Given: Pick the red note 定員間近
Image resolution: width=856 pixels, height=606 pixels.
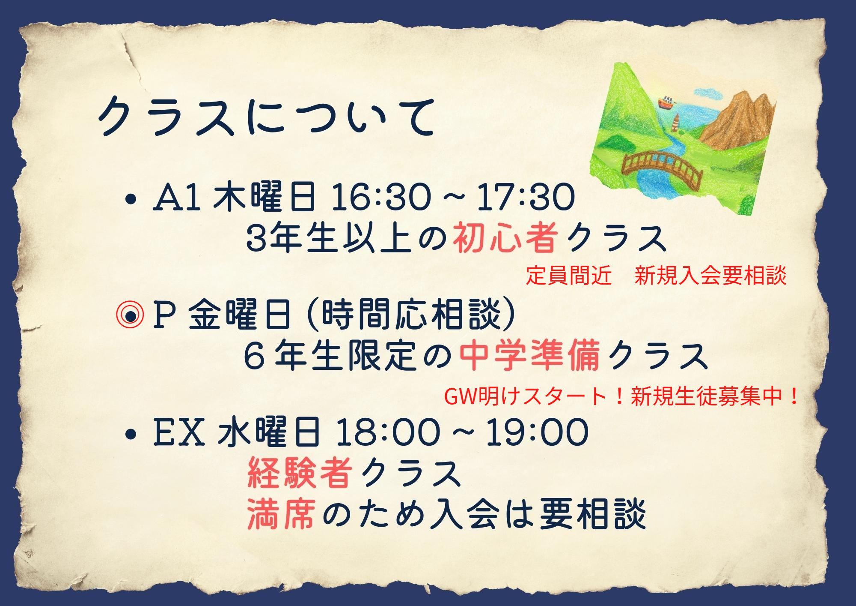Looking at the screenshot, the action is click(x=569, y=276).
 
